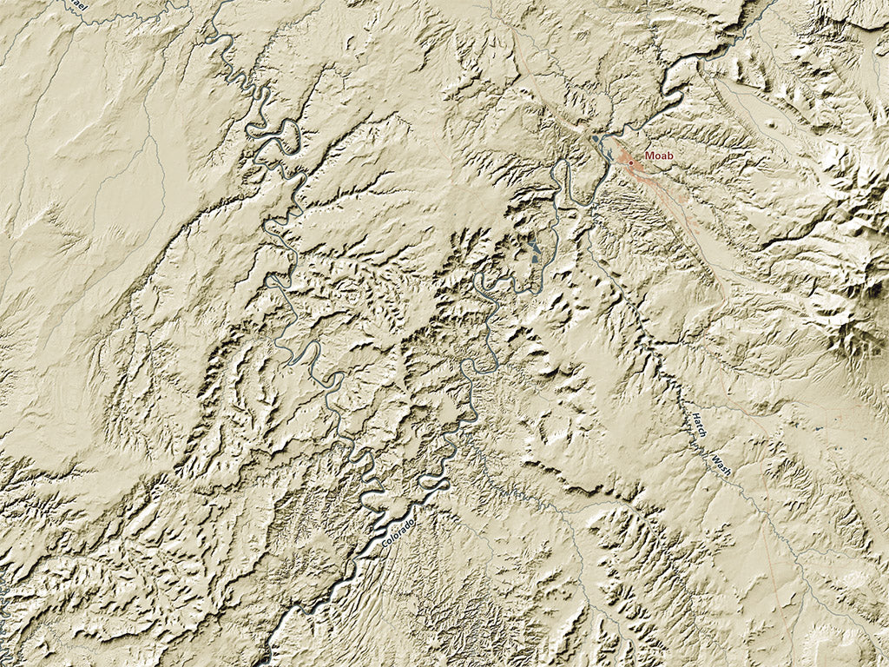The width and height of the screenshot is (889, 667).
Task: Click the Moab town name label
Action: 659,156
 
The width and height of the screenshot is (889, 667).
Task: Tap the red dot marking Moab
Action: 631,162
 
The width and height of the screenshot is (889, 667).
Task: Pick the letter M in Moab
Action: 649,156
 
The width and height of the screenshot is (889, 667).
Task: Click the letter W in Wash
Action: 716,454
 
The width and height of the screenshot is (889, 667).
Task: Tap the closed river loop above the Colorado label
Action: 430,480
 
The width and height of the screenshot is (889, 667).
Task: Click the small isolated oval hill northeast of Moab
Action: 772,122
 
